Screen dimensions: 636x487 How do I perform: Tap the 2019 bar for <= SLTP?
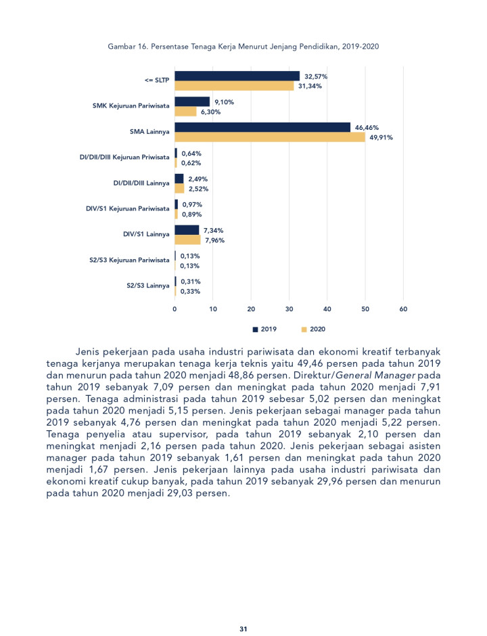[237, 76]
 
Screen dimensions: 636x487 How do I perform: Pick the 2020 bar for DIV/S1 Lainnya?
[188, 240]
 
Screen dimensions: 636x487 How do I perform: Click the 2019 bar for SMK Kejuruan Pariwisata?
[192, 101]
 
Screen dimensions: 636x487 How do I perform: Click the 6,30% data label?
[210, 112]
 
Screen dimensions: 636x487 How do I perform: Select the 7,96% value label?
[214, 240]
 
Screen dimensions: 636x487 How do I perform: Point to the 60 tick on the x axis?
[404, 309]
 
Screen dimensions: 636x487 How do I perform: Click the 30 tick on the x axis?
[289, 309]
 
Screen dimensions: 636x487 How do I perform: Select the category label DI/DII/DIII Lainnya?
[141, 183]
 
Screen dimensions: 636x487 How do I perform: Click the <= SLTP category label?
[156, 81]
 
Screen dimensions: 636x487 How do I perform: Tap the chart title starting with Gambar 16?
[243, 47]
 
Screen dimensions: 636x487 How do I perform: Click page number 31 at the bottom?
[243, 629]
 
